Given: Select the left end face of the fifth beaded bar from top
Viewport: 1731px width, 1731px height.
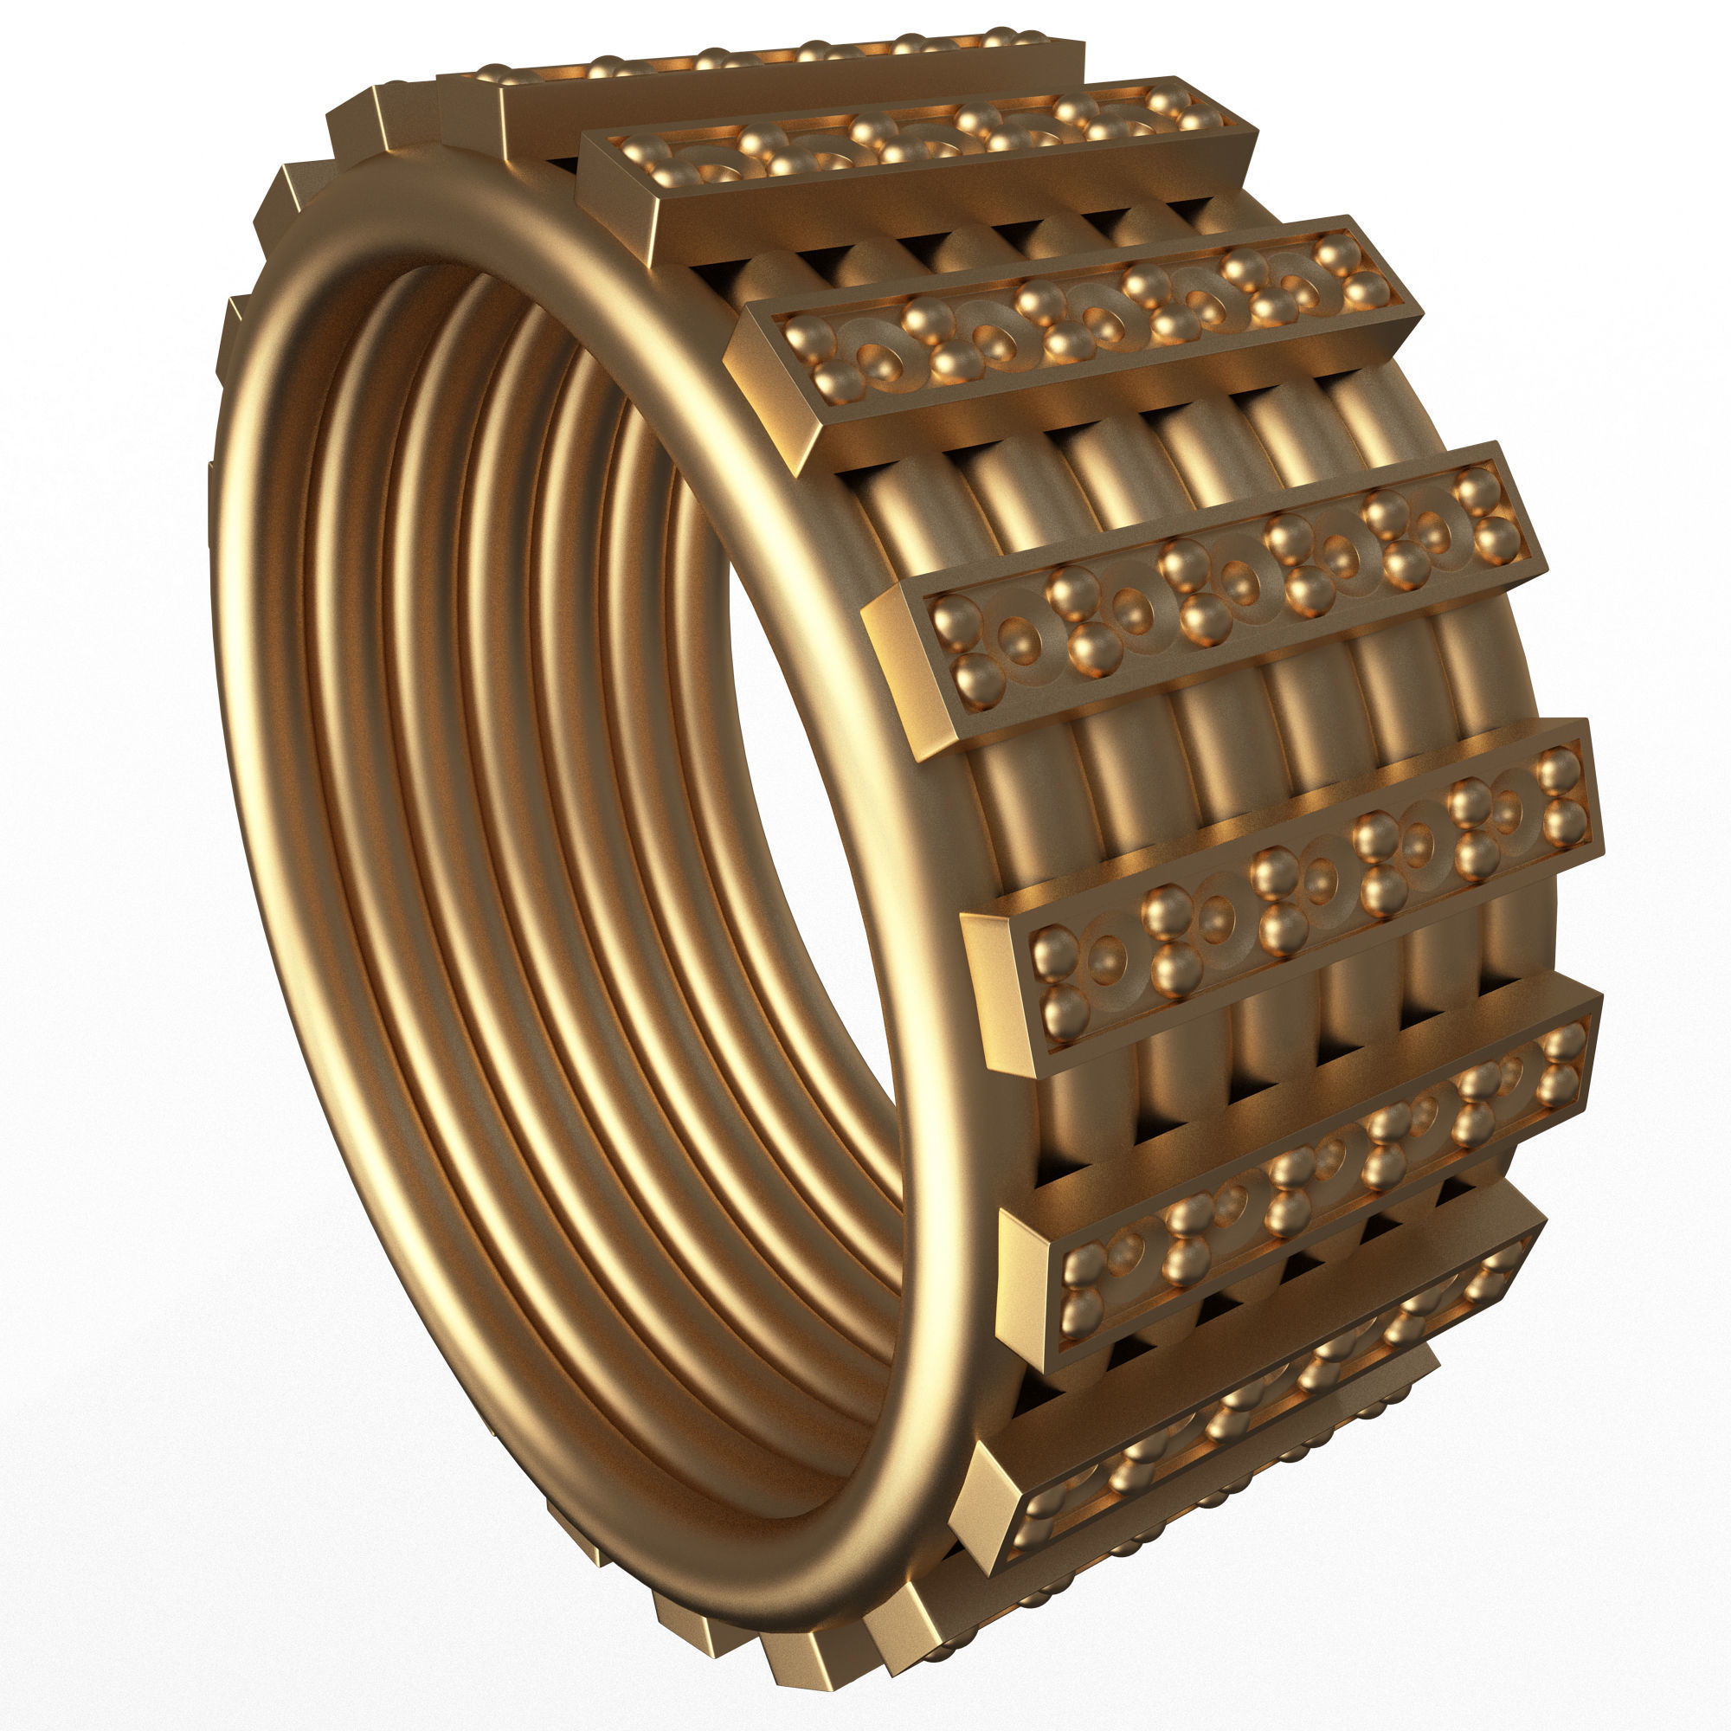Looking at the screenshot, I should tap(994, 994).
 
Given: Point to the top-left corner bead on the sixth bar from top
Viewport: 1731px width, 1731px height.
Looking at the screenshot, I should tap(1084, 1264).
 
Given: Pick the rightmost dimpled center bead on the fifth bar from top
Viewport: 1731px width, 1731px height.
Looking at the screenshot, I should tap(1506, 812).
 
